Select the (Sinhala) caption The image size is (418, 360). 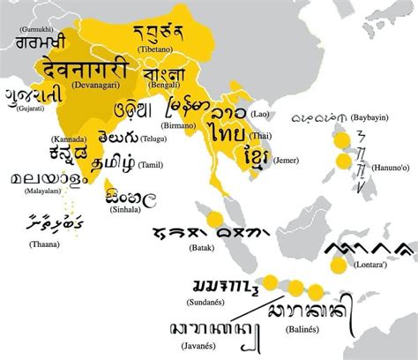click(x=125, y=212)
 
